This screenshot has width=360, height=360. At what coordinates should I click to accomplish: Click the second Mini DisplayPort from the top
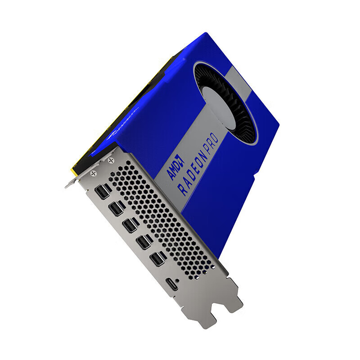coord(117,208)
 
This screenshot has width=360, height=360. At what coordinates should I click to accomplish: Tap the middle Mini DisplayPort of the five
coord(130,225)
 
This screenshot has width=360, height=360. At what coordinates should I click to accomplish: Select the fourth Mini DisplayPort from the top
coord(144,242)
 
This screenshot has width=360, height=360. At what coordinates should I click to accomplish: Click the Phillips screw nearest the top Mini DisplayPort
coord(94,173)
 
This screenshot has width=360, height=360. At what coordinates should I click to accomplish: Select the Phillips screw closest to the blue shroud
coord(111,160)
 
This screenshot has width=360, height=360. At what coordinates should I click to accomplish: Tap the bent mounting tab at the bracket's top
coord(72,183)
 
